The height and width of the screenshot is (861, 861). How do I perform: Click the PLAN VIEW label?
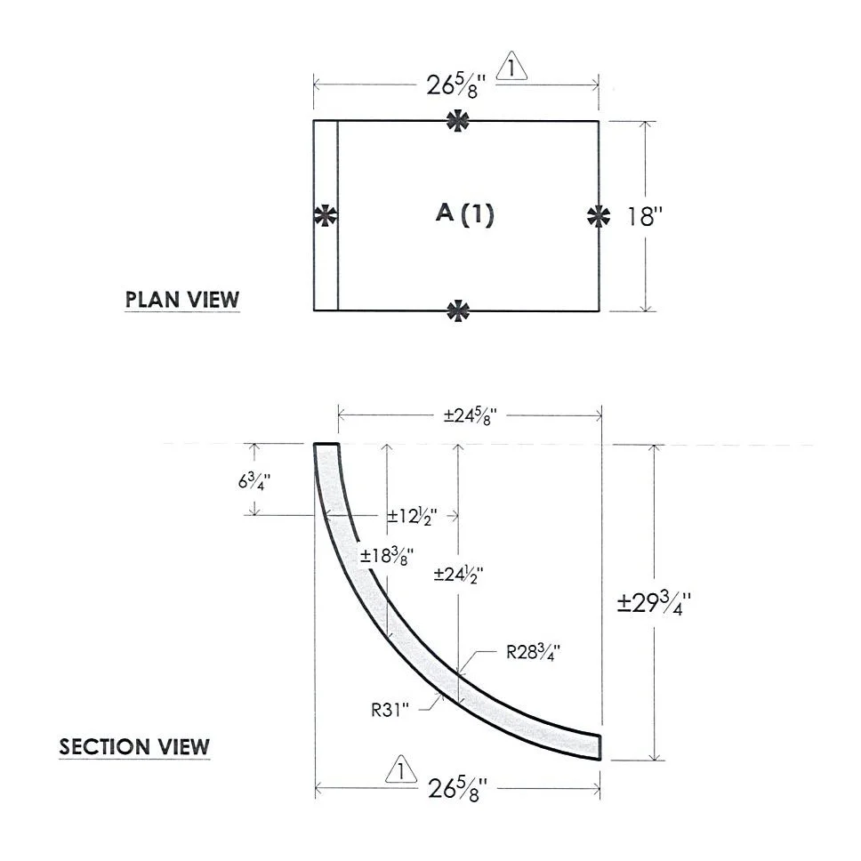tap(182, 300)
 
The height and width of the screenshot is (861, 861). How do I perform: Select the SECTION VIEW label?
tap(134, 747)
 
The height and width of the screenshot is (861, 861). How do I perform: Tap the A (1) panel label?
tap(465, 213)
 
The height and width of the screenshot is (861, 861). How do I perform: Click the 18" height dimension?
tap(646, 216)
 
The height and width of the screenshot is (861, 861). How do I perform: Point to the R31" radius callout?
tap(390, 710)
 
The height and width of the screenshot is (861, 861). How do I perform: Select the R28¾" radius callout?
tap(533, 652)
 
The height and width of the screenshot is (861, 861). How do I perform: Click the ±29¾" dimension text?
tap(654, 603)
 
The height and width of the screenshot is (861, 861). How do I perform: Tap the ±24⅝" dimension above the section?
tap(471, 415)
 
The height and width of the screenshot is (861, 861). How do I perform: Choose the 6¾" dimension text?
tap(254, 481)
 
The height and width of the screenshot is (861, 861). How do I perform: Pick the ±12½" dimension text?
tap(413, 516)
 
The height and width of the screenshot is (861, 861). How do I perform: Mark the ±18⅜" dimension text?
tap(387, 556)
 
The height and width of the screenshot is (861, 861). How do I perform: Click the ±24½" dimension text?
tap(458, 575)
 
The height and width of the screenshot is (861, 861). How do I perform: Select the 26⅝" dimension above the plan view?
tap(456, 85)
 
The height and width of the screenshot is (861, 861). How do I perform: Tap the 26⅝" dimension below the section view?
tap(457, 790)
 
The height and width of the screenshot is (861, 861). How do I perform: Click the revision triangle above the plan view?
tap(511, 67)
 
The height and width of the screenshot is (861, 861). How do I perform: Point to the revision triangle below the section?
tap(401, 770)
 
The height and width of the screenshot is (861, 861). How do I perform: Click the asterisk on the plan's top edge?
tap(457, 121)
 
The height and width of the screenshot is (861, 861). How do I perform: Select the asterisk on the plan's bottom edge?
tap(458, 310)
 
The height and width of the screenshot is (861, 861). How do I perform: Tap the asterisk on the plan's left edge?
tap(326, 215)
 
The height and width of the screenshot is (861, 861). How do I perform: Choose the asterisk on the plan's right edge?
tap(599, 216)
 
